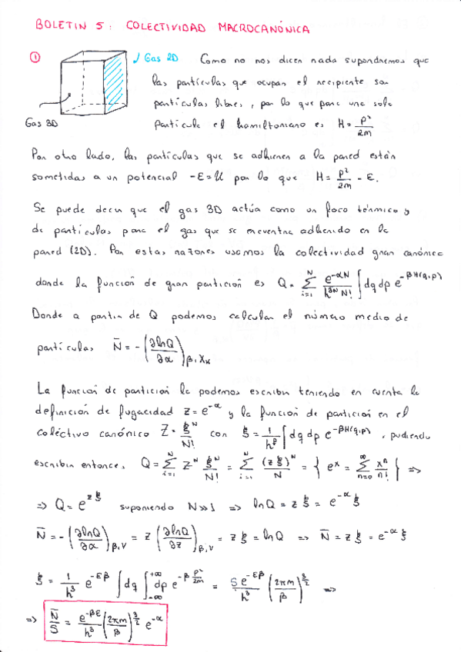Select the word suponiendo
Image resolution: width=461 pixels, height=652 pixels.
click(147, 508)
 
